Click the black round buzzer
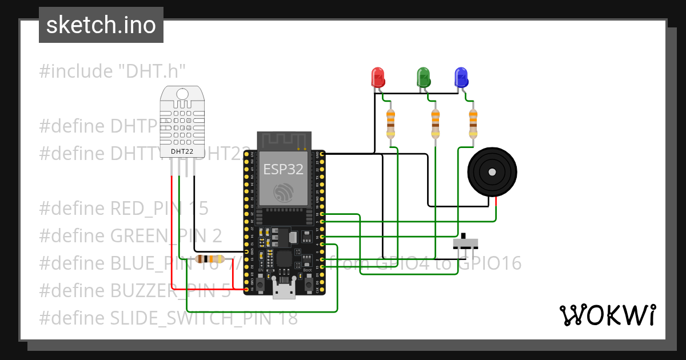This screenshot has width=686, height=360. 492,171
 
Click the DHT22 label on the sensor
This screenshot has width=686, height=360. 182,151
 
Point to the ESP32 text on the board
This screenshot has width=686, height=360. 284,169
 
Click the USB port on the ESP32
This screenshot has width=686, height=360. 284,289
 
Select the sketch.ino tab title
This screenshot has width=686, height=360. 101,25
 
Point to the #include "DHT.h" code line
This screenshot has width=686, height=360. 113,71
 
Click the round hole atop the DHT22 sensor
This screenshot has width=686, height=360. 182,94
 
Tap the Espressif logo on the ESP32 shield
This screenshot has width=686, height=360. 284,193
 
